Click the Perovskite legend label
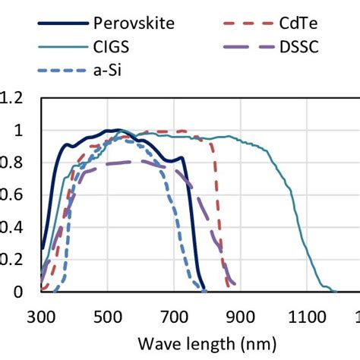click(133, 22)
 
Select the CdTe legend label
click(298, 22)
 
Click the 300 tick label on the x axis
click(43, 316)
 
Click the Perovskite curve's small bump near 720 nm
click(181, 158)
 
